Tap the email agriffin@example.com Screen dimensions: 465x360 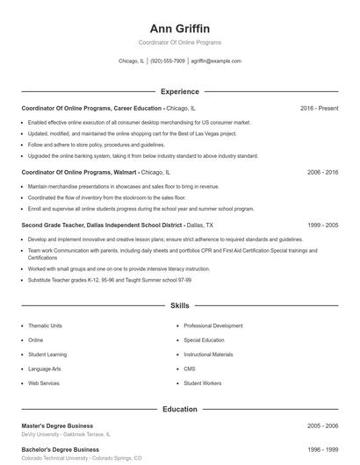coord(215,61)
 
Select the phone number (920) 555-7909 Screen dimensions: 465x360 coord(167,61)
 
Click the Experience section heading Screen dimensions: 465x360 coord(179,91)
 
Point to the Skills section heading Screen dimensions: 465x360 coord(179,306)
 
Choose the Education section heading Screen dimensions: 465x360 coord(179,409)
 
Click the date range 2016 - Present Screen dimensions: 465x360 coord(319,108)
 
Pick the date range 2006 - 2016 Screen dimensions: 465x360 coord(322,173)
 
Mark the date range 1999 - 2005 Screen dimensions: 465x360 coord(322,225)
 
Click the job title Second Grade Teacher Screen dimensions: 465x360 coord(54,225)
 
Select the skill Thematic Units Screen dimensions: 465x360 coord(45,325)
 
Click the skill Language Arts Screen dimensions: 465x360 coord(44,368)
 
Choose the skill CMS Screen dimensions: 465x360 coord(190,368)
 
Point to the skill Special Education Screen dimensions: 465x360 coord(204,340)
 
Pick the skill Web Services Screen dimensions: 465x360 coord(44,383)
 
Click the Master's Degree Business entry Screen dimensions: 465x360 coord(57,426)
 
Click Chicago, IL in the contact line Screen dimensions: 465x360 coord(131,61)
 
